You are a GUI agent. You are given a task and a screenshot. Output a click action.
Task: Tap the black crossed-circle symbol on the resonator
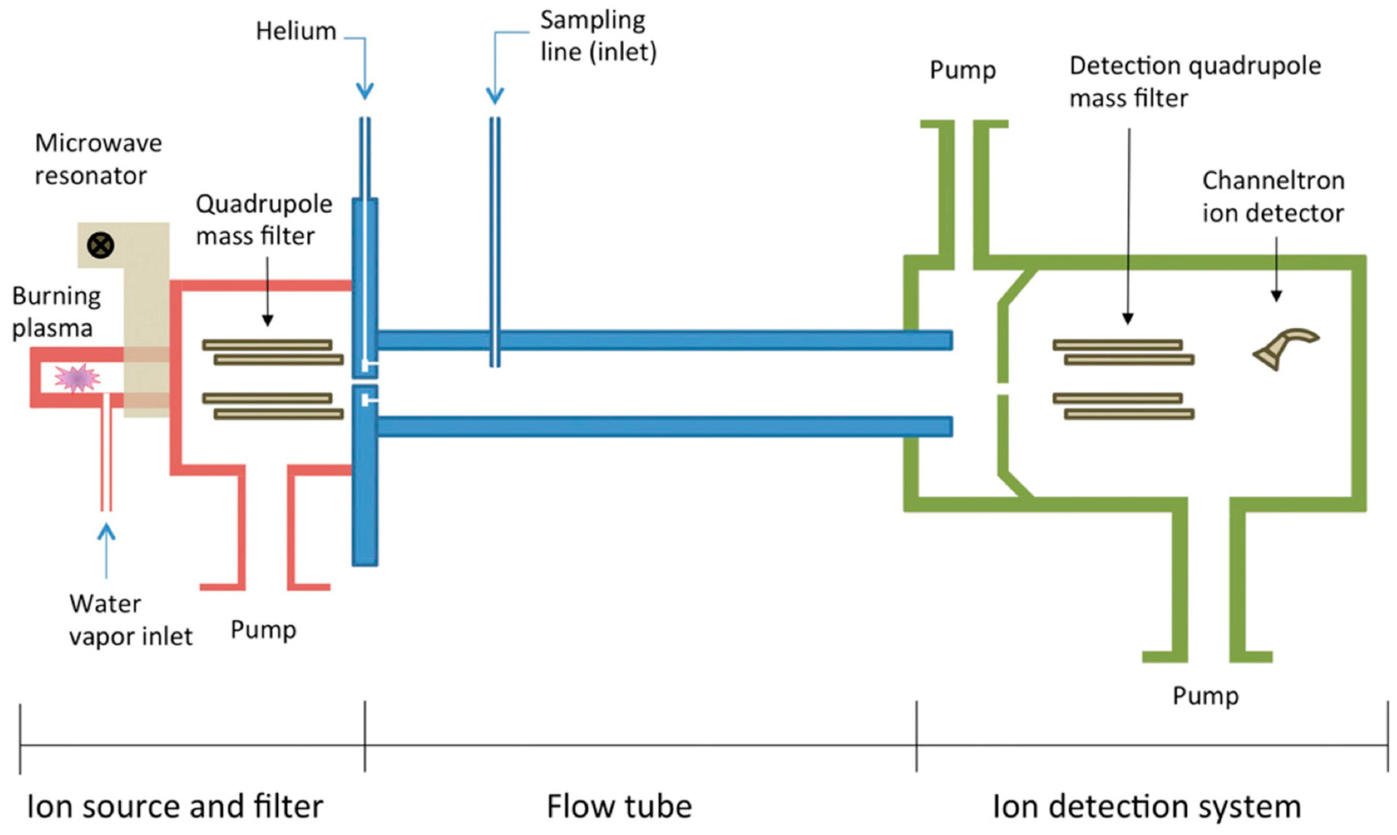pyautogui.click(x=101, y=245)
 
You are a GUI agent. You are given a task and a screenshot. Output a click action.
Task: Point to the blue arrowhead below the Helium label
pyautogui.click(x=364, y=90)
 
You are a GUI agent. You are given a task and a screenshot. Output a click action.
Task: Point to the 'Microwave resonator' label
pyautogui.click(x=98, y=159)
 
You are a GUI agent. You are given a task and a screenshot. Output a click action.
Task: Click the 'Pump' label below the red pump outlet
pyautogui.click(x=263, y=630)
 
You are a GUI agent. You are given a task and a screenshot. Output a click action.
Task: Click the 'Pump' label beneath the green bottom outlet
pyautogui.click(x=1205, y=696)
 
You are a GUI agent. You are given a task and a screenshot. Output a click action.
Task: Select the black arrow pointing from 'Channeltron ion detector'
pyautogui.click(x=1276, y=270)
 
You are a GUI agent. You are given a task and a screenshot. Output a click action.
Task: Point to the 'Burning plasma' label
pyautogui.click(x=56, y=312)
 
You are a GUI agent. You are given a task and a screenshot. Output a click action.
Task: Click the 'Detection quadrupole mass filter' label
pyautogui.click(x=1194, y=81)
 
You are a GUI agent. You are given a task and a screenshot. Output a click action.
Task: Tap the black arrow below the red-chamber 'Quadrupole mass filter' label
pyautogui.click(x=267, y=292)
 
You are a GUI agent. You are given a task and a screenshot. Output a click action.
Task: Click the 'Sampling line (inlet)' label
pyautogui.click(x=598, y=36)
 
